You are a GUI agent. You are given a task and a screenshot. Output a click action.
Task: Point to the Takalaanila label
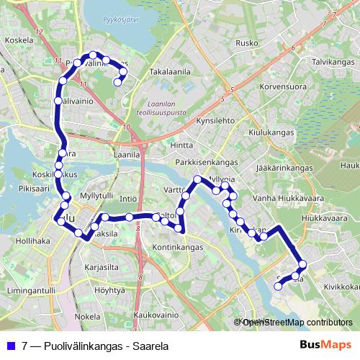point(170,72)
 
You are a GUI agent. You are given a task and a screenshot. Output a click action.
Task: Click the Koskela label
point(19,60)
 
